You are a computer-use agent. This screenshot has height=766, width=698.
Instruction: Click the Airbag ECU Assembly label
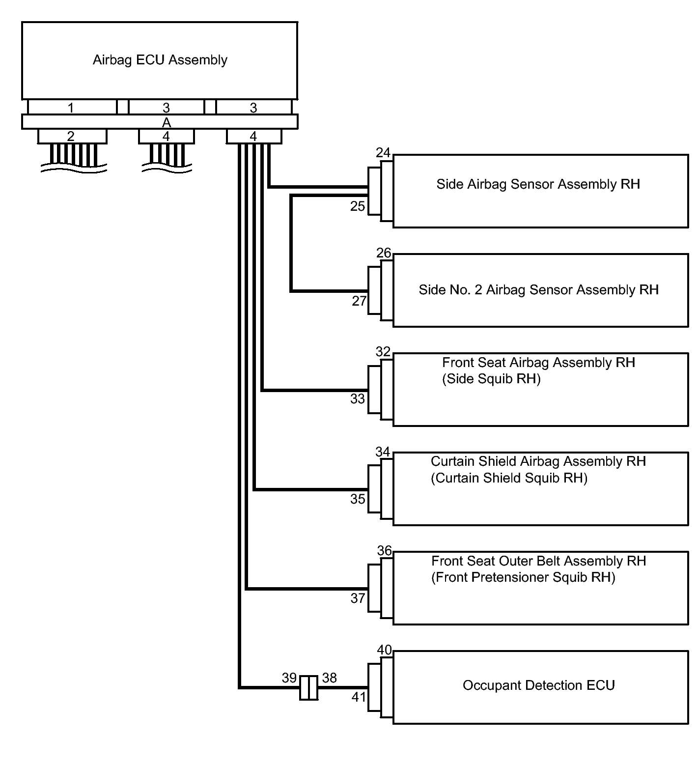(x=160, y=60)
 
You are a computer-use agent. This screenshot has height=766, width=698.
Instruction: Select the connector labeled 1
(x=71, y=108)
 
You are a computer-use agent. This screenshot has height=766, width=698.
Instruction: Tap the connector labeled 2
(x=71, y=137)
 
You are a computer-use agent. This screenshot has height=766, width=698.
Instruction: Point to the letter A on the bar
(x=167, y=122)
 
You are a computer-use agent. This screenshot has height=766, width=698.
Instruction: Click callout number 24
(x=383, y=153)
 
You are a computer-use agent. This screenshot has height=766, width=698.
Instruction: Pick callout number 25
(x=358, y=206)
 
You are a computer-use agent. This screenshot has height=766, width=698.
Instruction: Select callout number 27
(x=359, y=301)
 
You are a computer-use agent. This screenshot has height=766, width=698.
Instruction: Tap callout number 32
(x=383, y=352)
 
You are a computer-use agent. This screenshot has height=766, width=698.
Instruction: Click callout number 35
(x=358, y=499)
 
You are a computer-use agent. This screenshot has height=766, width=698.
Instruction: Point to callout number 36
(x=385, y=551)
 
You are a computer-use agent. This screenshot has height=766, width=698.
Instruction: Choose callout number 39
(x=289, y=678)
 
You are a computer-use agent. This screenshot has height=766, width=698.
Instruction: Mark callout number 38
(x=330, y=678)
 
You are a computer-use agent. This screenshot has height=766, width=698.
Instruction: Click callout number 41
(x=359, y=697)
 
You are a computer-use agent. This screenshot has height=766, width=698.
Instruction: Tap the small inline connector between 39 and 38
(x=309, y=687)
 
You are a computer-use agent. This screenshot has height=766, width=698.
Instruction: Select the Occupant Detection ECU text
(x=539, y=685)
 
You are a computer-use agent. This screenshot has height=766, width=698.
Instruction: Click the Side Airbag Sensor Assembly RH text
(x=538, y=184)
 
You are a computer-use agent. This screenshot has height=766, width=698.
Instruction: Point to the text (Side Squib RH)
(x=491, y=379)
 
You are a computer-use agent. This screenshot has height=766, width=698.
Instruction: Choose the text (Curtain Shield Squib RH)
(x=509, y=478)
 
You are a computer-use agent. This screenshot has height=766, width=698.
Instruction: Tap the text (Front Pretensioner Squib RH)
(x=523, y=577)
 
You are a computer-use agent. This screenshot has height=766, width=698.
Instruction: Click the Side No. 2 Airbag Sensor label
(x=538, y=290)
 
